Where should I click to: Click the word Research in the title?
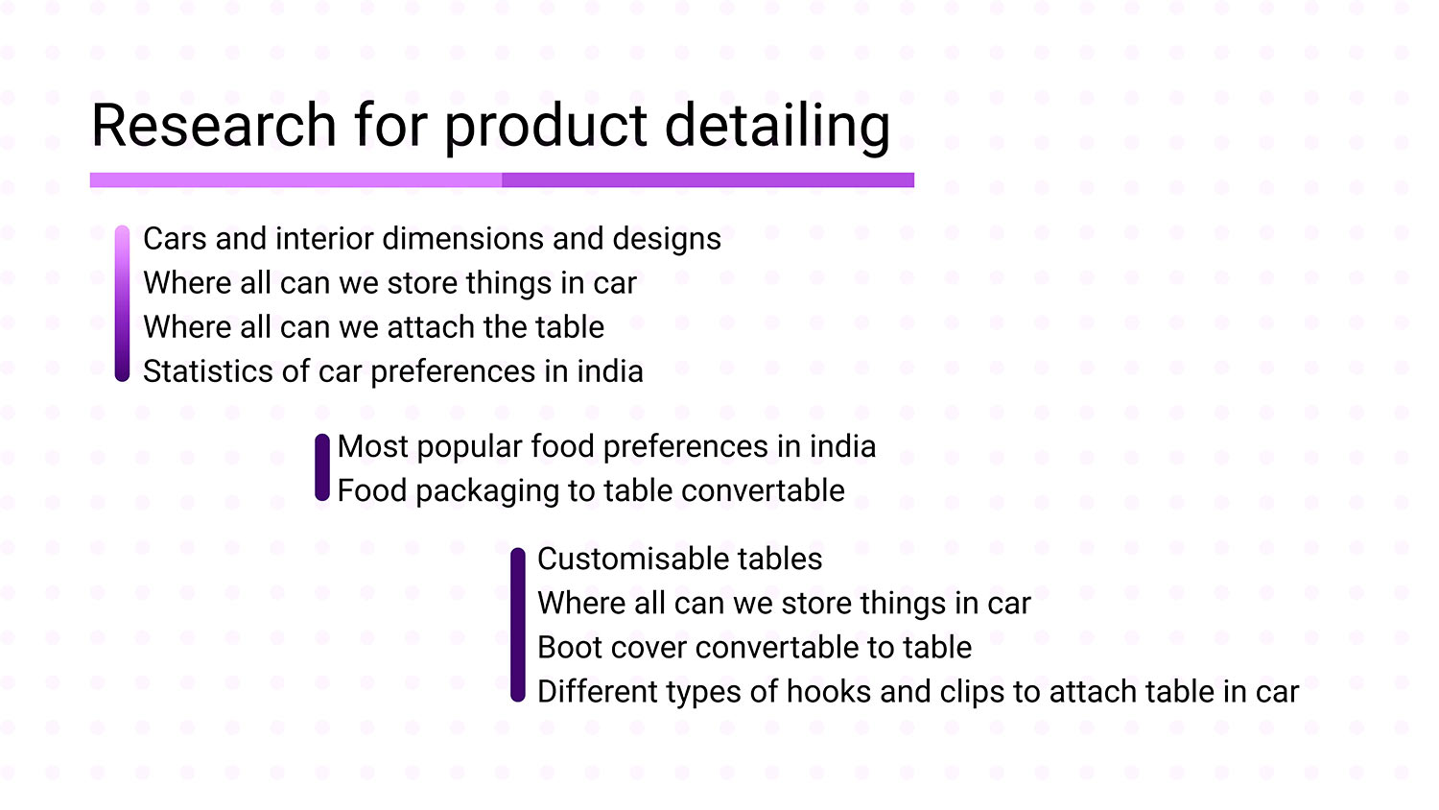(214, 125)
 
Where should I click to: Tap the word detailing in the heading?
(777, 128)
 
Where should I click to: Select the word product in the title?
(546, 128)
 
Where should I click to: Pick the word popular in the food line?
(470, 447)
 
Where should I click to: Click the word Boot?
(569, 647)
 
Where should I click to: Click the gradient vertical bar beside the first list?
(122, 303)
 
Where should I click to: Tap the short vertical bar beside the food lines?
(321, 467)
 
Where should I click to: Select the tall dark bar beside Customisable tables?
(518, 624)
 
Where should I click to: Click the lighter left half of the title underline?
(295, 180)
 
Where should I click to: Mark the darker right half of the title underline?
(708, 180)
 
